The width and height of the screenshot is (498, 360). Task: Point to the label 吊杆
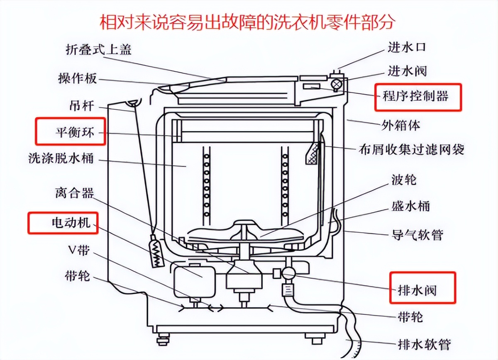(x=82, y=106)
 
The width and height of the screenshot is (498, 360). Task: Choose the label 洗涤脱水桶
(x=61, y=158)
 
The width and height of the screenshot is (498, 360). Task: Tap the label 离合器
(x=74, y=193)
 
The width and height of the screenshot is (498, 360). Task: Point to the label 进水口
(x=407, y=47)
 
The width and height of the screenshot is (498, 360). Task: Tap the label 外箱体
(x=401, y=124)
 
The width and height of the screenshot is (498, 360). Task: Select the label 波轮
(x=404, y=180)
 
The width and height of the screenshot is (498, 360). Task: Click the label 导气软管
(x=417, y=235)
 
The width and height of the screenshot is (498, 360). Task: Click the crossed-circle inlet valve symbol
(x=337, y=84)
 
